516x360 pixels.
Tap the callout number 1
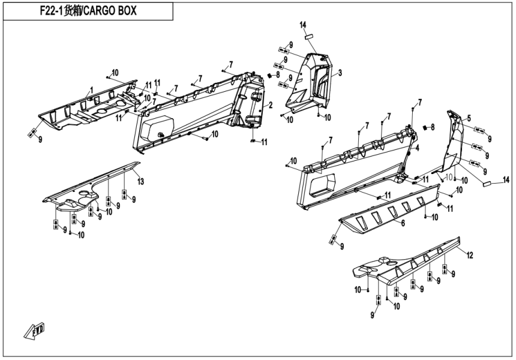pyautogui.click(x=91, y=89)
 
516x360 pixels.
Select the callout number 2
pyautogui.click(x=271, y=106)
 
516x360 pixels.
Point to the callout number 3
pyautogui.click(x=340, y=73)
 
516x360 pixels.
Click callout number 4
pyautogui.click(x=417, y=147)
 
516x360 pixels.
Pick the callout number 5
pyautogui.click(x=469, y=118)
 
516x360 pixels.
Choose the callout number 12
pyautogui.click(x=470, y=256)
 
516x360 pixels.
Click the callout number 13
pyautogui.click(x=140, y=181)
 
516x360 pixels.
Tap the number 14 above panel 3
pyautogui.click(x=304, y=24)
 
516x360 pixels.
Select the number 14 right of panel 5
pyautogui.click(x=506, y=179)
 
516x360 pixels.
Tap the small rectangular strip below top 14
pyautogui.click(x=308, y=35)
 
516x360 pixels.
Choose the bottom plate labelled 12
pyautogui.click(x=408, y=264)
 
